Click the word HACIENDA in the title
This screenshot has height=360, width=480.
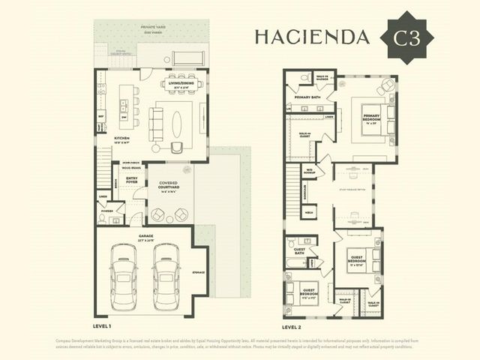[312, 37]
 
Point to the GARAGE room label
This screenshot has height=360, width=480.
[145, 235]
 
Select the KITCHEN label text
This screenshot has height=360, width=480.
[122, 138]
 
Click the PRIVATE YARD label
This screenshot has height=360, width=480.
[153, 27]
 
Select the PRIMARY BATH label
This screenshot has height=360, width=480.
[307, 97]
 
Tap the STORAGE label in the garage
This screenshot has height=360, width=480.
[199, 272]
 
